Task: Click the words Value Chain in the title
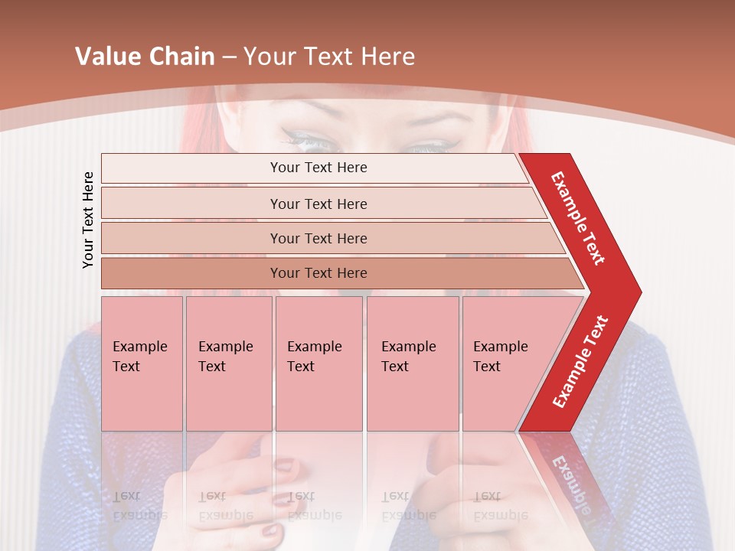click(x=145, y=56)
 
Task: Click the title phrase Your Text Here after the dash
click(x=328, y=56)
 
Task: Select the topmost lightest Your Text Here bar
click(x=318, y=168)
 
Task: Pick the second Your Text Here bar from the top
click(x=318, y=204)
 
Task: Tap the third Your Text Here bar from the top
click(x=318, y=238)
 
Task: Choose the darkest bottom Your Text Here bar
click(x=318, y=273)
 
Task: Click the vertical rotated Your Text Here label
click(x=88, y=220)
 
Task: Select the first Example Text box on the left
click(x=142, y=363)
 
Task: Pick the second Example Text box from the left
click(x=228, y=363)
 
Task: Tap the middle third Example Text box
click(x=318, y=363)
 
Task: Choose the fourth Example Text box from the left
click(x=412, y=363)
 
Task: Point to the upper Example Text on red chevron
click(x=578, y=218)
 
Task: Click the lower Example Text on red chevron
click(x=580, y=361)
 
